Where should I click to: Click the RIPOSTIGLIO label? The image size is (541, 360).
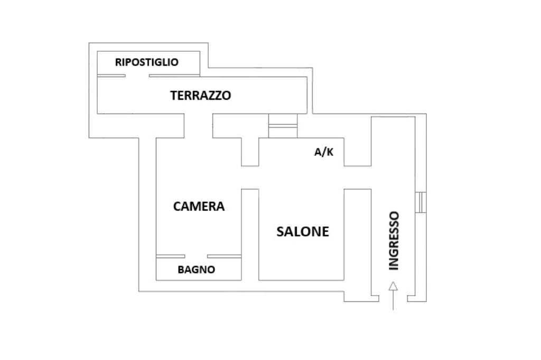(147, 62)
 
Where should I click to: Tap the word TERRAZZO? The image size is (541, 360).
(200, 95)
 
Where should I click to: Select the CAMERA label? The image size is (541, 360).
(199, 206)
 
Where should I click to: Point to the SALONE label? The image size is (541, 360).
(303, 231)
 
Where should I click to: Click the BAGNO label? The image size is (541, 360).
(197, 269)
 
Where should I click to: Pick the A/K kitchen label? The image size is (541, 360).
(324, 152)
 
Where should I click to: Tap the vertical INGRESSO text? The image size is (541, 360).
(394, 241)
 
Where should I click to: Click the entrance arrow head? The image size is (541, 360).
(393, 286)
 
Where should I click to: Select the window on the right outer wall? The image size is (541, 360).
(421, 202)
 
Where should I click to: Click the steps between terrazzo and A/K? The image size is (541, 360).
(283, 126)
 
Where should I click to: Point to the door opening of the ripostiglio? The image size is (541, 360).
(137, 75)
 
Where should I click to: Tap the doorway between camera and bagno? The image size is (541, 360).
(196, 256)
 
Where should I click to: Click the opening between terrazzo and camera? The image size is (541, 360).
(199, 126)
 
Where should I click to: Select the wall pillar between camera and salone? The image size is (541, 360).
(250, 234)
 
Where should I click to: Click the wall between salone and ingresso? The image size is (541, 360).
(358, 234)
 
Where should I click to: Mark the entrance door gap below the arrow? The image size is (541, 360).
(393, 299)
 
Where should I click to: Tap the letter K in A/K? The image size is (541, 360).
(330, 152)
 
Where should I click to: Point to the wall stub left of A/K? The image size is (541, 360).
(250, 151)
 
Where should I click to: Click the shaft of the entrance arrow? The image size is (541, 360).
(393, 300)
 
